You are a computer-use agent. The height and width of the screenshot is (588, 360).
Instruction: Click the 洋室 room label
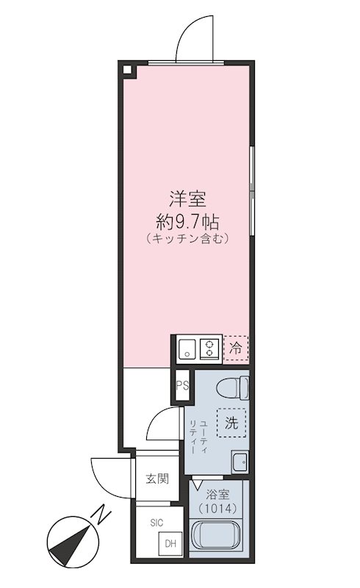point(187,199)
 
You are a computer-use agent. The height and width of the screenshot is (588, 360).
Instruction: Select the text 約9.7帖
point(187,220)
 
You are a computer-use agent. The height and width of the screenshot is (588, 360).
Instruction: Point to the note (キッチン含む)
point(187,239)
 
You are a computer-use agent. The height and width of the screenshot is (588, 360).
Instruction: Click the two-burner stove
point(210,348)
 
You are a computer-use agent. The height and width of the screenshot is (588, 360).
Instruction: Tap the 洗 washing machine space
point(231,423)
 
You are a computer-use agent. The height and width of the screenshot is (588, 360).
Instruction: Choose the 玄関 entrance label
point(156,480)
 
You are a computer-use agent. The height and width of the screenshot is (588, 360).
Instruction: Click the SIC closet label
point(156,523)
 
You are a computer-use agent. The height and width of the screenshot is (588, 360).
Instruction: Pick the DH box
point(170,545)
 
